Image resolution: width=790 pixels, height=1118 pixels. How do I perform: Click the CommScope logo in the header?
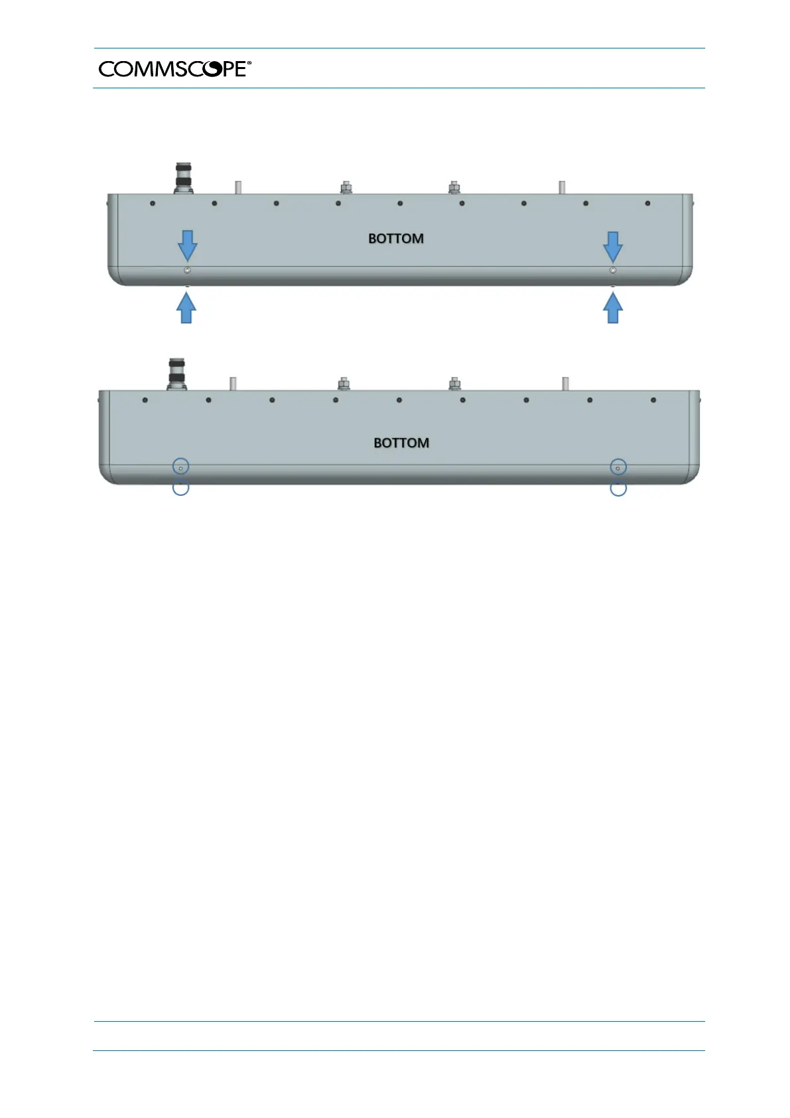pos(174,68)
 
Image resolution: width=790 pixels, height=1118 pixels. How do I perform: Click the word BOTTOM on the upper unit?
pos(396,238)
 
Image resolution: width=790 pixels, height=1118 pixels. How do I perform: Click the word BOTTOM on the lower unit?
pos(401,443)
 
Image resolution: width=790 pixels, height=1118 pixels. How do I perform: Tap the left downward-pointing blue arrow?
pos(188,246)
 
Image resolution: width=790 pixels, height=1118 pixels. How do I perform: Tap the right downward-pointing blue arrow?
pos(613,246)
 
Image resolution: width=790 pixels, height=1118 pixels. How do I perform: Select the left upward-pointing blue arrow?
pos(187,308)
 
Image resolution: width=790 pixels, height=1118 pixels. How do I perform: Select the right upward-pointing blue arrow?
pos(613,308)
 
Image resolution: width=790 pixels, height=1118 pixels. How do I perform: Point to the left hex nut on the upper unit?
pos(346,188)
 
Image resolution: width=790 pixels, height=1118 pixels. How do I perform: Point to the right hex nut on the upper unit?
pos(454,188)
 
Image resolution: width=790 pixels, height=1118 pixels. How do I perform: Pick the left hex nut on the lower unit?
pos(344,384)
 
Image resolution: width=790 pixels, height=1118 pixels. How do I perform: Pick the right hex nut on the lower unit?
pos(454,384)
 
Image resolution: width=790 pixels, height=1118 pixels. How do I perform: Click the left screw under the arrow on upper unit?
pos(187,271)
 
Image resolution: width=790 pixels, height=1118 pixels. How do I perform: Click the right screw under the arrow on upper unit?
pos(612,271)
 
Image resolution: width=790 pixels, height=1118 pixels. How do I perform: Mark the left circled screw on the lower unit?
pos(180,467)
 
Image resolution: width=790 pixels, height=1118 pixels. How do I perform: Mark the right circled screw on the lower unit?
pos(618,468)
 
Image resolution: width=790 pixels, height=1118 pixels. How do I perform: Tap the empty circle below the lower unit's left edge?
pos(180,488)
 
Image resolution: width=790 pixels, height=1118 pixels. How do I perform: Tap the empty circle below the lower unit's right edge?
pos(618,489)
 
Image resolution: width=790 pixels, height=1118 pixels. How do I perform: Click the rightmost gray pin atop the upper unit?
pos(562,187)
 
